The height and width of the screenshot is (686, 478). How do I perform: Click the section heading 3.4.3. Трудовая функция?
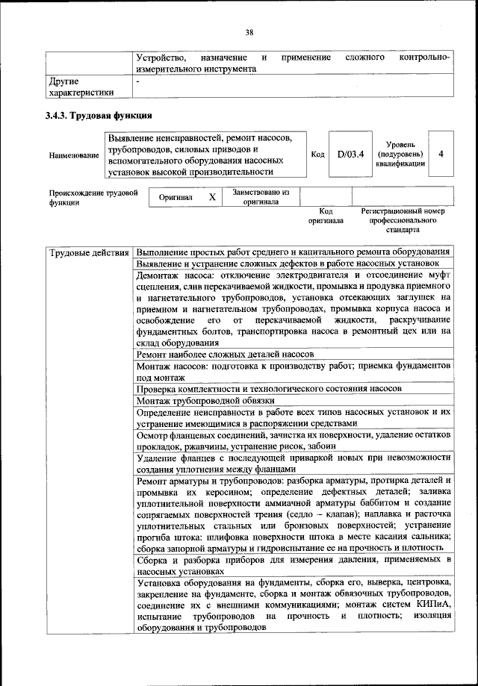pos(99,116)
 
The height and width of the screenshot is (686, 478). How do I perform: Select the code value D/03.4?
pos(350,155)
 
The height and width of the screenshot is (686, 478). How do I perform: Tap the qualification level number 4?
pos(441,155)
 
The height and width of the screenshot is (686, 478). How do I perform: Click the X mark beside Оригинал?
pos(212,197)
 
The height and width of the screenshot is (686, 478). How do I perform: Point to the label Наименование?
pos(74,155)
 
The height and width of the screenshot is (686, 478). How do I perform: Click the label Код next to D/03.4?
pos(317,155)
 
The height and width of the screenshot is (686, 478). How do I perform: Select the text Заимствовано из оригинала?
pos(261,196)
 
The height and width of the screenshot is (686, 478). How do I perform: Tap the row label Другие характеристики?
pos(81,87)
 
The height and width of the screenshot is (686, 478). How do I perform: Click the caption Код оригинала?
pos(325,216)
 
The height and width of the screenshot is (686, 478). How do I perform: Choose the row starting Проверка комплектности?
pos(270,389)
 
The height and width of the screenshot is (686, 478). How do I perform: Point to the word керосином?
pos(230,496)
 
